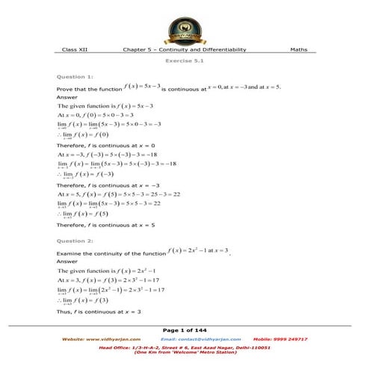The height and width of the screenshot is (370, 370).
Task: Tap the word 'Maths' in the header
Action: pyautogui.click(x=298, y=49)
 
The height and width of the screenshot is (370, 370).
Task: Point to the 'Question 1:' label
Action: pyautogui.click(x=75, y=77)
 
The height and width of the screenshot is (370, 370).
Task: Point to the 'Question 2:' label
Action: pyautogui.click(x=75, y=241)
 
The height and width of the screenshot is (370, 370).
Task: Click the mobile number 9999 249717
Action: pyautogui.click(x=280, y=339)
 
